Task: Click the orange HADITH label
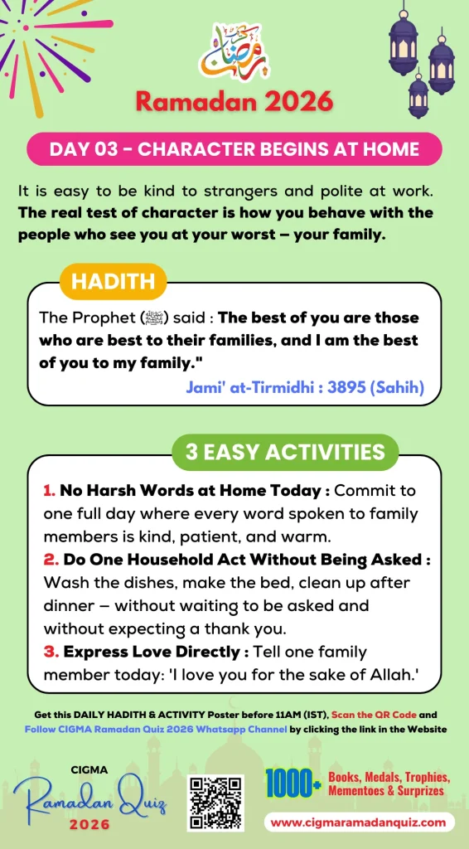113,281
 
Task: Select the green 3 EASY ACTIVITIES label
285,452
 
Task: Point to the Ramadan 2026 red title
234,101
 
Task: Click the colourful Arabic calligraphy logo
234,51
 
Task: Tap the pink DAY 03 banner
234,149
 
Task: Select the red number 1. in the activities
49,491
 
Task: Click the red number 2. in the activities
50,560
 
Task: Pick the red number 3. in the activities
50,652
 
